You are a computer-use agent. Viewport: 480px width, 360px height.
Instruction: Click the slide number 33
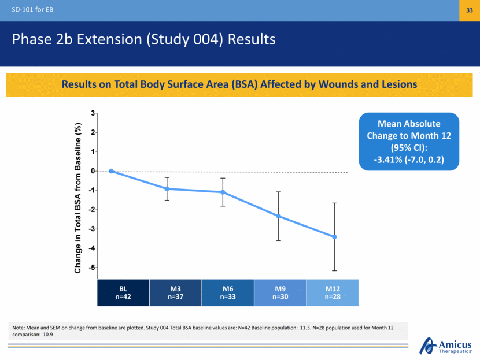coord(469,11)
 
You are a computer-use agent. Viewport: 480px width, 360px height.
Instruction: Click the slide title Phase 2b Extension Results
coord(143,39)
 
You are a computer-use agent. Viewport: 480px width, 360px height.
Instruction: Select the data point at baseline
coord(111,171)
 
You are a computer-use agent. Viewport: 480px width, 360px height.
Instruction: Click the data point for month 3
coord(167,189)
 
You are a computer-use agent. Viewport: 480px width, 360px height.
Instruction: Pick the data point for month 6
coord(223,192)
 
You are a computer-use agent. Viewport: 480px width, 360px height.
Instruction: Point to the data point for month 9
coord(279,216)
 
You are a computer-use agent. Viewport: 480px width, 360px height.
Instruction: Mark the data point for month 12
coord(334,237)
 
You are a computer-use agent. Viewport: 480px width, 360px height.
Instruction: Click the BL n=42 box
coord(123,292)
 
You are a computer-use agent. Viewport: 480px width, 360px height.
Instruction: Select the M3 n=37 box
coord(175,292)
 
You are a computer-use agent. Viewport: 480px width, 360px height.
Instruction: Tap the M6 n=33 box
coord(228,292)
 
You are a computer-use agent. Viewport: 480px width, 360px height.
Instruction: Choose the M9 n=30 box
coord(280,292)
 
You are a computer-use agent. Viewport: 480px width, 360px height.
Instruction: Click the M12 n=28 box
coord(333,292)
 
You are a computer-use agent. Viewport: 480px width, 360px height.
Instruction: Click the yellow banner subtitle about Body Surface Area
coord(239,84)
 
